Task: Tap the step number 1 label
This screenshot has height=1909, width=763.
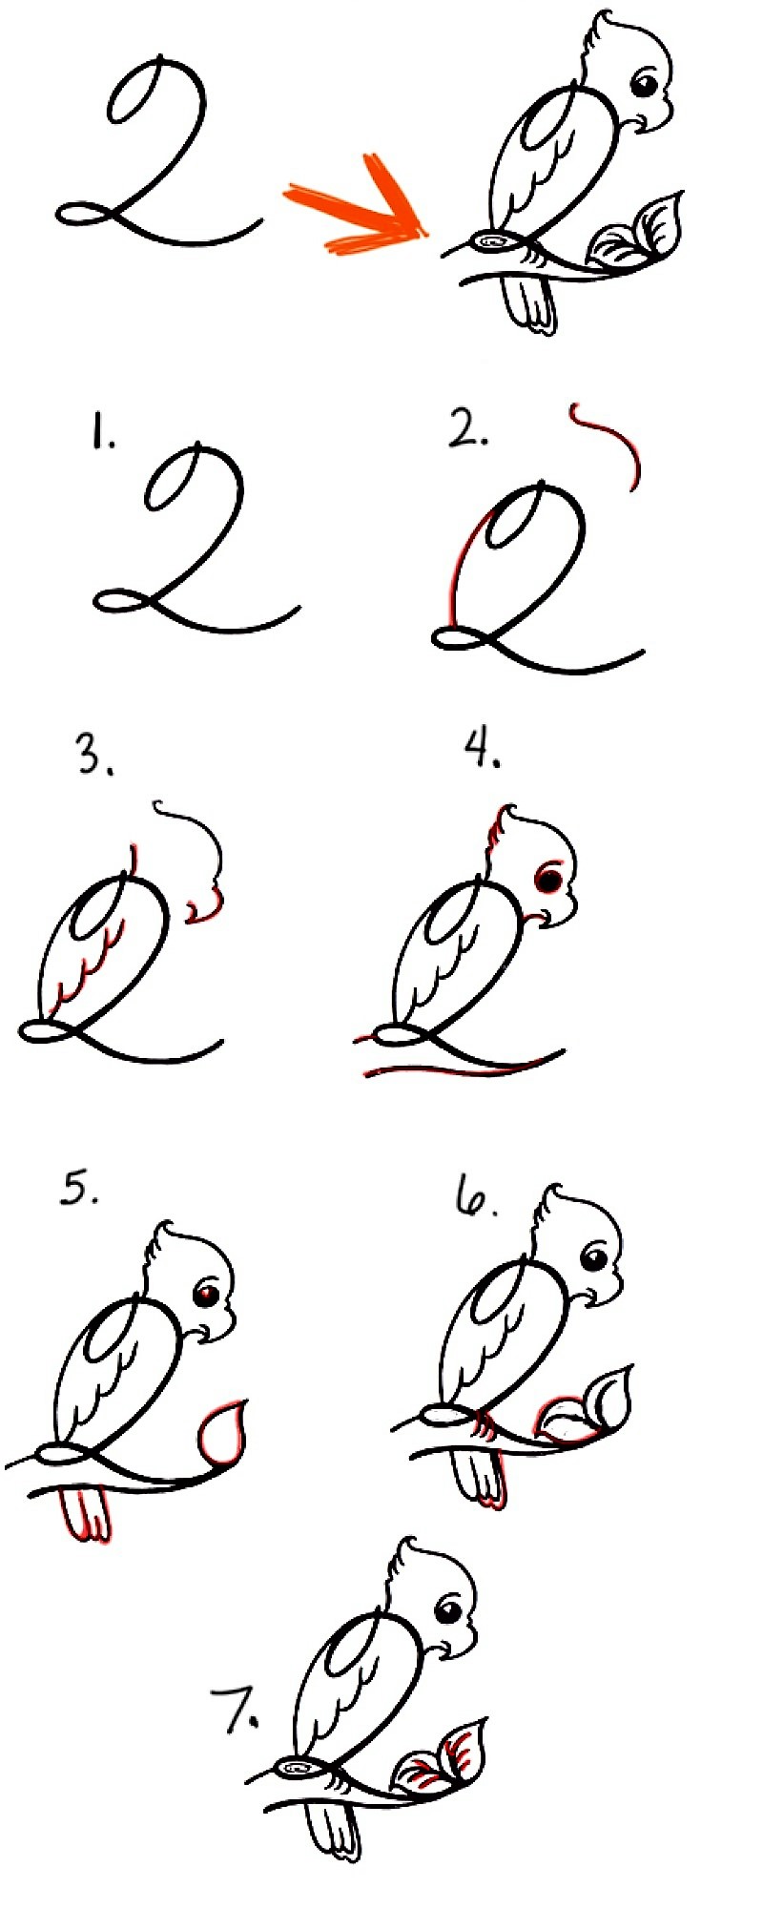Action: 102,434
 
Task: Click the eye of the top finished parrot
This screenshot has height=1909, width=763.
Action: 644,85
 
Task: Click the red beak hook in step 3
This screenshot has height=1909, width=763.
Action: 205,908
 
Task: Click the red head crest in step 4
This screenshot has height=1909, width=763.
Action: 496,831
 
